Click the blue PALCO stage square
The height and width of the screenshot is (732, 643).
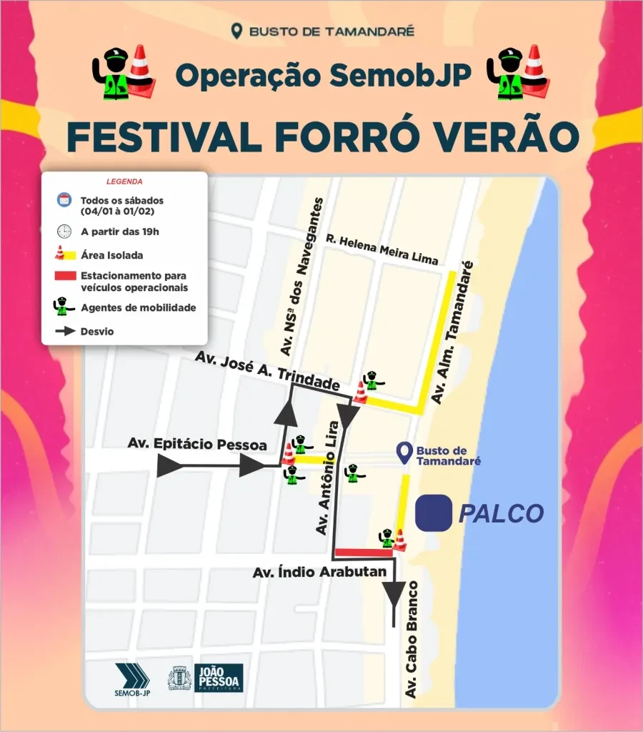point(434,513)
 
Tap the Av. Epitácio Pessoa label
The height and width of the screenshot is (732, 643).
point(197,445)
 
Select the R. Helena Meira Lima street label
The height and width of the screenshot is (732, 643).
point(382,249)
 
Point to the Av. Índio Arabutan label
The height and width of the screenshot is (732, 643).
point(319,572)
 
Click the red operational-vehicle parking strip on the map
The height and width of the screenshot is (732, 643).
point(364,552)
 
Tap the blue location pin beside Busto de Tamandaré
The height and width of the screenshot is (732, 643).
point(404,452)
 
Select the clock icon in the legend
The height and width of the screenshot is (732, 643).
point(64,231)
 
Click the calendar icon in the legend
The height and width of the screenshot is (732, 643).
point(64,201)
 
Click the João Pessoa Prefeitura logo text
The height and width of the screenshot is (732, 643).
point(219,678)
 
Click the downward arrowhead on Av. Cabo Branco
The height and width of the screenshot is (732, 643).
point(394,593)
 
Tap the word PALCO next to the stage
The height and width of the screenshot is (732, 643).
point(501,513)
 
